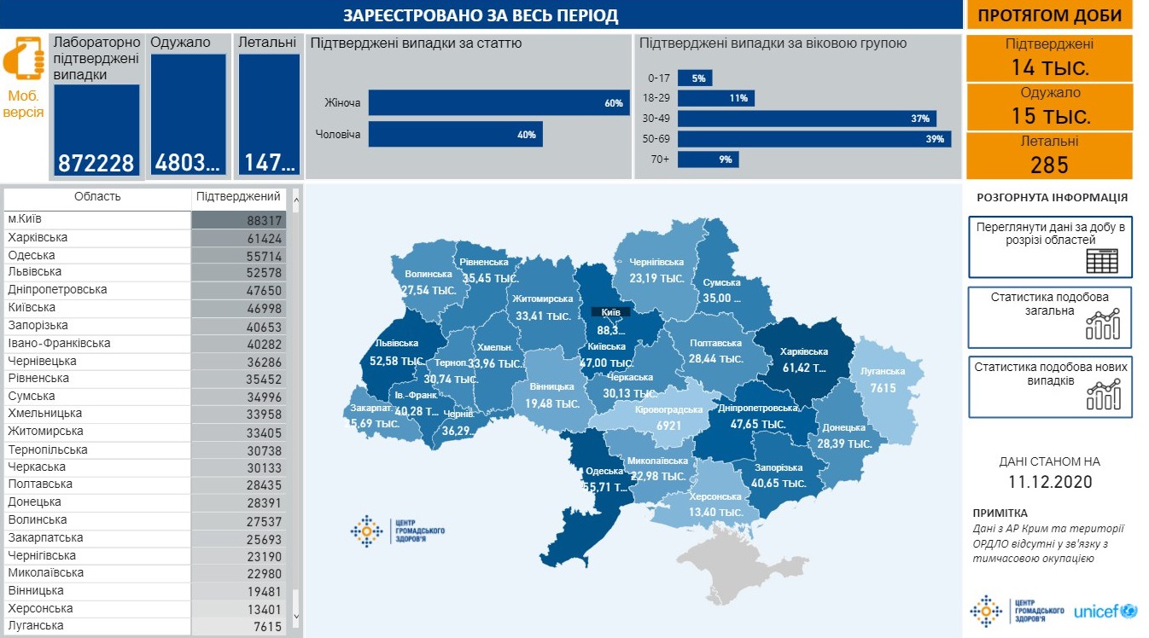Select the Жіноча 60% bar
[499, 103]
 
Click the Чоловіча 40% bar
[455, 134]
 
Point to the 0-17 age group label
[659, 78]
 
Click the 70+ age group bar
[709, 159]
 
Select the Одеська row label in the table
[32, 255]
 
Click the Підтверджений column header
[238, 197]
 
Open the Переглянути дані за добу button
[1050, 246]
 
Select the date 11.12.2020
[1049, 482]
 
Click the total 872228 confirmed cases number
[96, 163]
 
